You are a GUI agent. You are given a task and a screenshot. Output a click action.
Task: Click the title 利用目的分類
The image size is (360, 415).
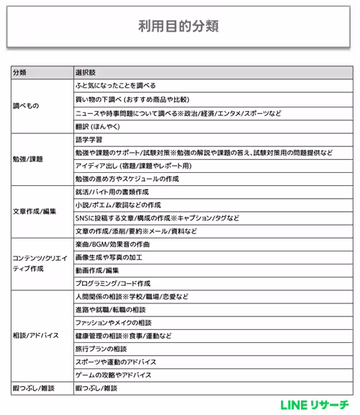[179, 27]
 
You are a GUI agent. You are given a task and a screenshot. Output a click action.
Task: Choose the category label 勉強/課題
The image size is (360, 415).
[28, 158]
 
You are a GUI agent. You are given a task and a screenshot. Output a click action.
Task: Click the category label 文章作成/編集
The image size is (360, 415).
[34, 211]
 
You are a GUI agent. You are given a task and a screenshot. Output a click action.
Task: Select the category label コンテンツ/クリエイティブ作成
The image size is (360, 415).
[40, 263]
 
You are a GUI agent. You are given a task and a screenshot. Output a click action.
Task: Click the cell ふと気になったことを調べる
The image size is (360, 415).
[114, 86]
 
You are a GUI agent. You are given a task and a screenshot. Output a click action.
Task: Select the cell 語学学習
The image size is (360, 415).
[89, 138]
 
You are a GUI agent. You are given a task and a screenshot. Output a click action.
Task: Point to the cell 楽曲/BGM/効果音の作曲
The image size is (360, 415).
[112, 244]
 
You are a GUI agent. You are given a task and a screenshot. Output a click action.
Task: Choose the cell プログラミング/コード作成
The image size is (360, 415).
[112, 284]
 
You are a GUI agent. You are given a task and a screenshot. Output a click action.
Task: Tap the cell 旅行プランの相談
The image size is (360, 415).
[101, 349]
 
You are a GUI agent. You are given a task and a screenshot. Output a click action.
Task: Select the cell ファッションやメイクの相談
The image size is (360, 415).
[113, 323]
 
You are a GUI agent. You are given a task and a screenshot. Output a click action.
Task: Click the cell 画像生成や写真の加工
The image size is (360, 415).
[109, 257]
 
